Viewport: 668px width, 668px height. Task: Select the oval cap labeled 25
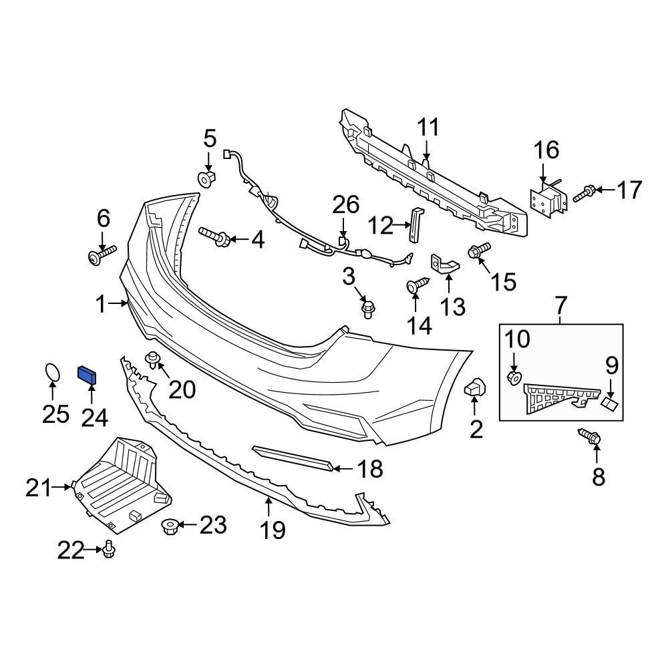52,373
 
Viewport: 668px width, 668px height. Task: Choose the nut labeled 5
208,178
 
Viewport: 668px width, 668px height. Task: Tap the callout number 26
345,206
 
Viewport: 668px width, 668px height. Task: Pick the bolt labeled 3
367,309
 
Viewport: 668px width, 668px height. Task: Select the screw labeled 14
417,286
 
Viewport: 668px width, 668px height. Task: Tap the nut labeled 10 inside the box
514,378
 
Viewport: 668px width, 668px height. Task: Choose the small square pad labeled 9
609,403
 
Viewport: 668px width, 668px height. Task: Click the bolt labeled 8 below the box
593,438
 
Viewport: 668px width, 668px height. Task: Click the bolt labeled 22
109,550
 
